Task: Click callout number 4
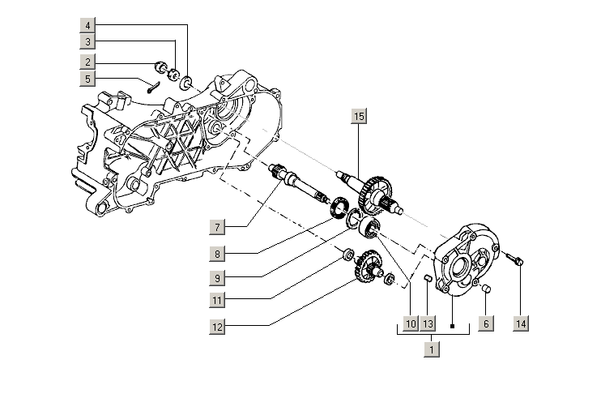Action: [87, 24]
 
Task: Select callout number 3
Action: [87, 41]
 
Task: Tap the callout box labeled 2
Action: [87, 62]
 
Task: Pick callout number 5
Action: [87, 79]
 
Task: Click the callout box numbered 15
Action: [358, 117]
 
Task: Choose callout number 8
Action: [216, 254]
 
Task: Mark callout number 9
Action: [216, 277]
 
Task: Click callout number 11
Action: [216, 300]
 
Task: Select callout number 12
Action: [216, 328]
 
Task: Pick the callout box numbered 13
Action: [428, 323]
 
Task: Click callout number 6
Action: [485, 323]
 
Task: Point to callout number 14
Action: [521, 323]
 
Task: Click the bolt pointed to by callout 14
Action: [516, 260]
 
